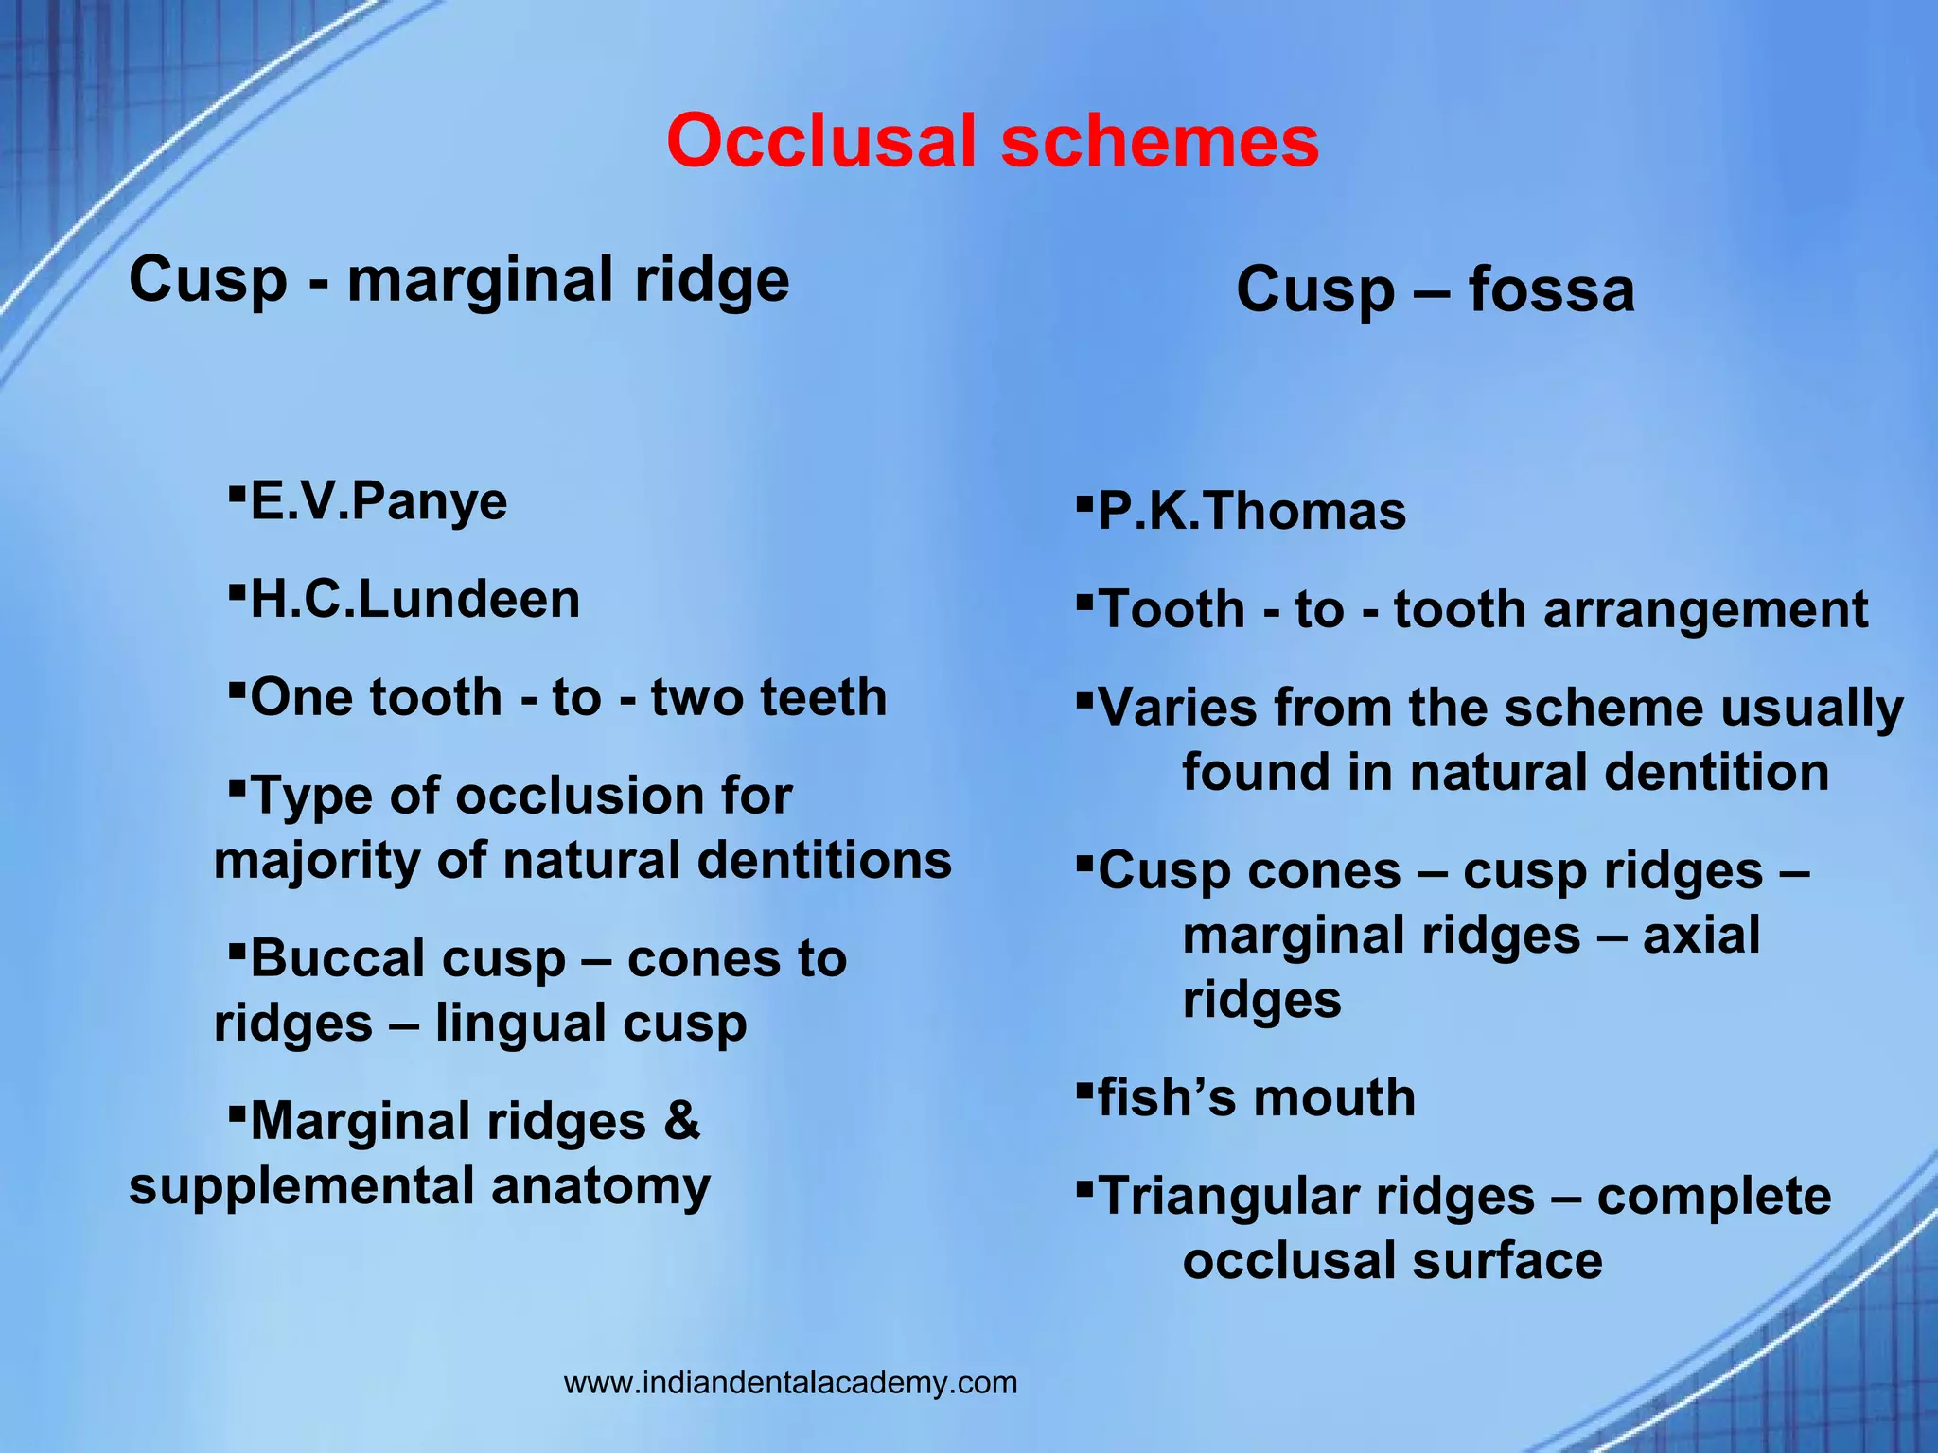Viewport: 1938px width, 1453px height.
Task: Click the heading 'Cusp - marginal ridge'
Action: [459, 280]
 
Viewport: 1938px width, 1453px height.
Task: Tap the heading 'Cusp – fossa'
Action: [1435, 289]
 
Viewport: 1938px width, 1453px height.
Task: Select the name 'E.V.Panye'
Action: [379, 501]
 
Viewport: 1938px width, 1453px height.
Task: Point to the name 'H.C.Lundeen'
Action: [414, 600]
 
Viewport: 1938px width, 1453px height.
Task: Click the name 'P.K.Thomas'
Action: [1251, 511]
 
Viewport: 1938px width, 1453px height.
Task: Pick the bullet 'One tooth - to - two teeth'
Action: [568, 698]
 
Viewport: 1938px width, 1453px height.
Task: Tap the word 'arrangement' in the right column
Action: [1705, 609]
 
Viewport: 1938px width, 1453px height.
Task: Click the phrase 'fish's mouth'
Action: [1256, 1097]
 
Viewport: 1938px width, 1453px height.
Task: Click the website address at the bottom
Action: [790, 1382]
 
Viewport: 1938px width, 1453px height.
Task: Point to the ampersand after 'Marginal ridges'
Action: [681, 1121]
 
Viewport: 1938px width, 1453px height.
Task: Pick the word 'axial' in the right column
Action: [1700, 936]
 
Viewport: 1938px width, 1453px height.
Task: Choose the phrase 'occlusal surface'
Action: [1392, 1261]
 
